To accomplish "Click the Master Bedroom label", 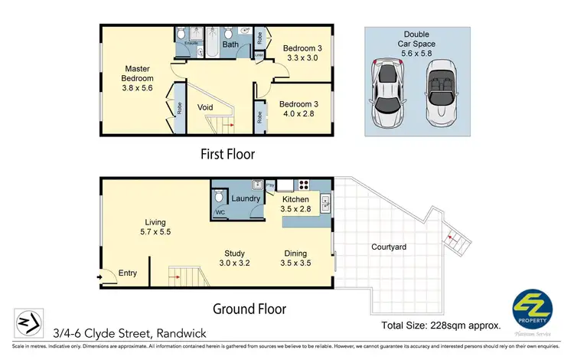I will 138,78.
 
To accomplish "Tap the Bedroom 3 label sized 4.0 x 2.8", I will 299,110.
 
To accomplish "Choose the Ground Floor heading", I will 249,309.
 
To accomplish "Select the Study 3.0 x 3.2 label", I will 235,259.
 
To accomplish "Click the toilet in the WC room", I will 219,194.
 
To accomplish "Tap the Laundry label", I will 246,198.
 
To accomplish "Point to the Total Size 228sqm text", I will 441,326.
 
